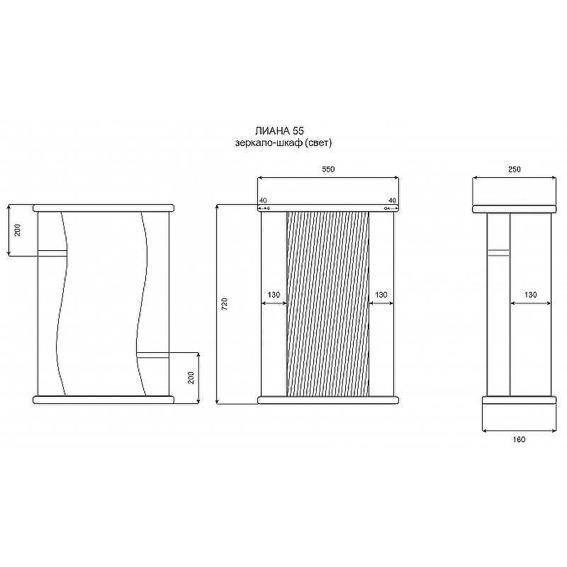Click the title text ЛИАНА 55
coord(279,131)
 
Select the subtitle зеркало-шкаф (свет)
coord(283,142)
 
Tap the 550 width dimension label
coord(327,169)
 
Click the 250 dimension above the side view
coord(515,169)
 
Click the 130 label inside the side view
coord(530,294)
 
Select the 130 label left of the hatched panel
coord(274,294)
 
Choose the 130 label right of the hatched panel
coord(381,294)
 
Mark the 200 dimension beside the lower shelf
coord(191,377)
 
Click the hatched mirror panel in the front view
coord(327,303)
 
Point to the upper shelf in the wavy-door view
coord(52,251)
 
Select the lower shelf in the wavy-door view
coord(153,354)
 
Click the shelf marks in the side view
coord(498,251)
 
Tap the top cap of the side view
coord(515,208)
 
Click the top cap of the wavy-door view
coord(103,208)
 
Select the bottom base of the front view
coord(327,400)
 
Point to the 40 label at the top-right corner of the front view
coord(391,201)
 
